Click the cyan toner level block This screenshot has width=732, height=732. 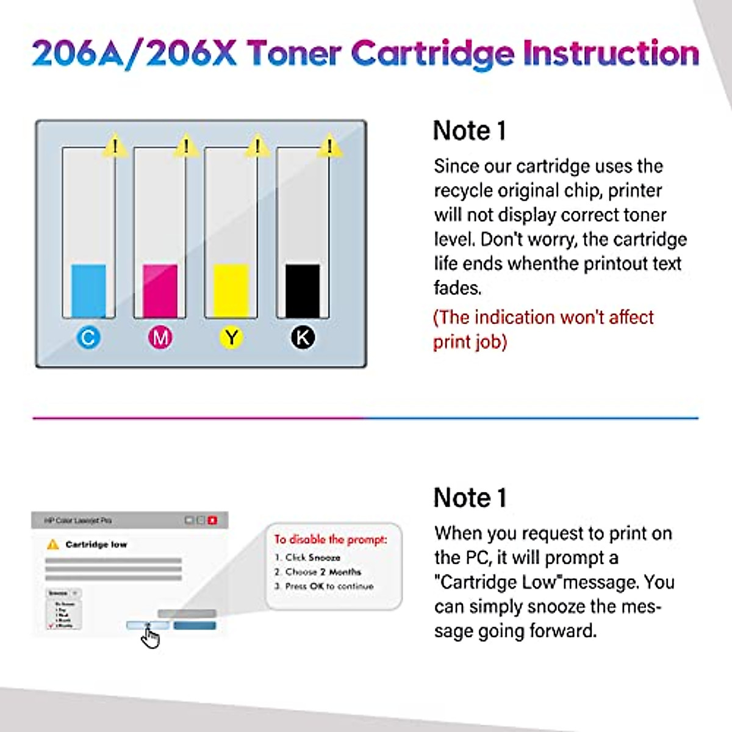pyautogui.click(x=88, y=290)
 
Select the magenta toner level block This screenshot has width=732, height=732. pyautogui.click(x=160, y=290)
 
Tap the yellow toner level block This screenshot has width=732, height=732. pyautogui.click(x=231, y=290)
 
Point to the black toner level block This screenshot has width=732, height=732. pyautogui.click(x=303, y=290)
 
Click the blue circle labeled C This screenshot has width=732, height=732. pyautogui.click(x=88, y=337)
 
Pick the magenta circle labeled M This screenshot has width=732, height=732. pyautogui.click(x=160, y=337)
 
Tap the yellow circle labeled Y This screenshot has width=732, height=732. pyautogui.click(x=231, y=337)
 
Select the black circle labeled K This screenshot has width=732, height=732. pyautogui.click(x=303, y=337)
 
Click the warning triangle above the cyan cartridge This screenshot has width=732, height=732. pyautogui.click(x=115, y=146)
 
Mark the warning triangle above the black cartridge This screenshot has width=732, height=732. pyautogui.click(x=329, y=146)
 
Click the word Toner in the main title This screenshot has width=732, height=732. pyautogui.click(x=293, y=54)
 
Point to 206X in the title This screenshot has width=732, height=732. pyautogui.click(x=191, y=54)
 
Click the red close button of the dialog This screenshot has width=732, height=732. pyautogui.click(x=212, y=520)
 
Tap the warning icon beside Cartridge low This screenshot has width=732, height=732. pyautogui.click(x=53, y=544)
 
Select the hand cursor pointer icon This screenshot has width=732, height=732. pyautogui.click(x=149, y=637)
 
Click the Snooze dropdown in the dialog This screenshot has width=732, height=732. pyautogui.click(x=63, y=593)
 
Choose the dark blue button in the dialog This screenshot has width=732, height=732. pyautogui.click(x=195, y=625)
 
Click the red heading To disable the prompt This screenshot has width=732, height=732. pyautogui.click(x=330, y=539)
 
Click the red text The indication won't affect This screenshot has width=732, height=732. pyautogui.click(x=543, y=317)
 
